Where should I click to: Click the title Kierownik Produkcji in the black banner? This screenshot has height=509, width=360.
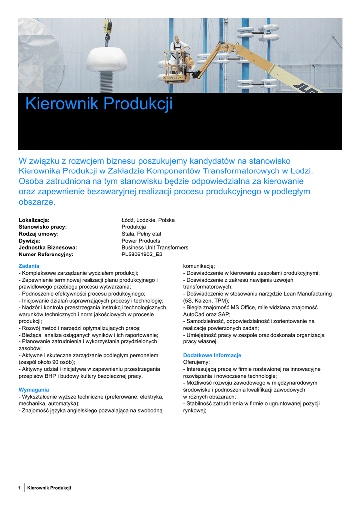click(98, 104)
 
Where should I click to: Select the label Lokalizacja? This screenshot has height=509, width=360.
click(34, 220)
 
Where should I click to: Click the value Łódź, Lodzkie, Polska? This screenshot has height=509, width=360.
click(148, 220)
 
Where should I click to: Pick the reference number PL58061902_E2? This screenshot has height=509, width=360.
click(142, 254)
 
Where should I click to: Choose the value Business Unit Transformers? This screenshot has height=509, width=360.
click(155, 247)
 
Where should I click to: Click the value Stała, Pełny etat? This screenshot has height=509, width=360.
click(141, 234)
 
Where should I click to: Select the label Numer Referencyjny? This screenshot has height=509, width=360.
click(46, 254)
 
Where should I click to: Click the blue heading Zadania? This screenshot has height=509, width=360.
click(29, 266)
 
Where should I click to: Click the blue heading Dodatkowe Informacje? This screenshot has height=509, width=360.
click(212, 355)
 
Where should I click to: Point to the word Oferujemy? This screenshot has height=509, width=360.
click(196, 362)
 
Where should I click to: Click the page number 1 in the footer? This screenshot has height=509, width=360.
click(19, 488)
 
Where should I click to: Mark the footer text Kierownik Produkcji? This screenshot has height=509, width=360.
click(49, 488)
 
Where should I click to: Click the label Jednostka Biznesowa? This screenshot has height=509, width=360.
click(48, 247)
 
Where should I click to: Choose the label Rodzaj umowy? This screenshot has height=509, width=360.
click(38, 234)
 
